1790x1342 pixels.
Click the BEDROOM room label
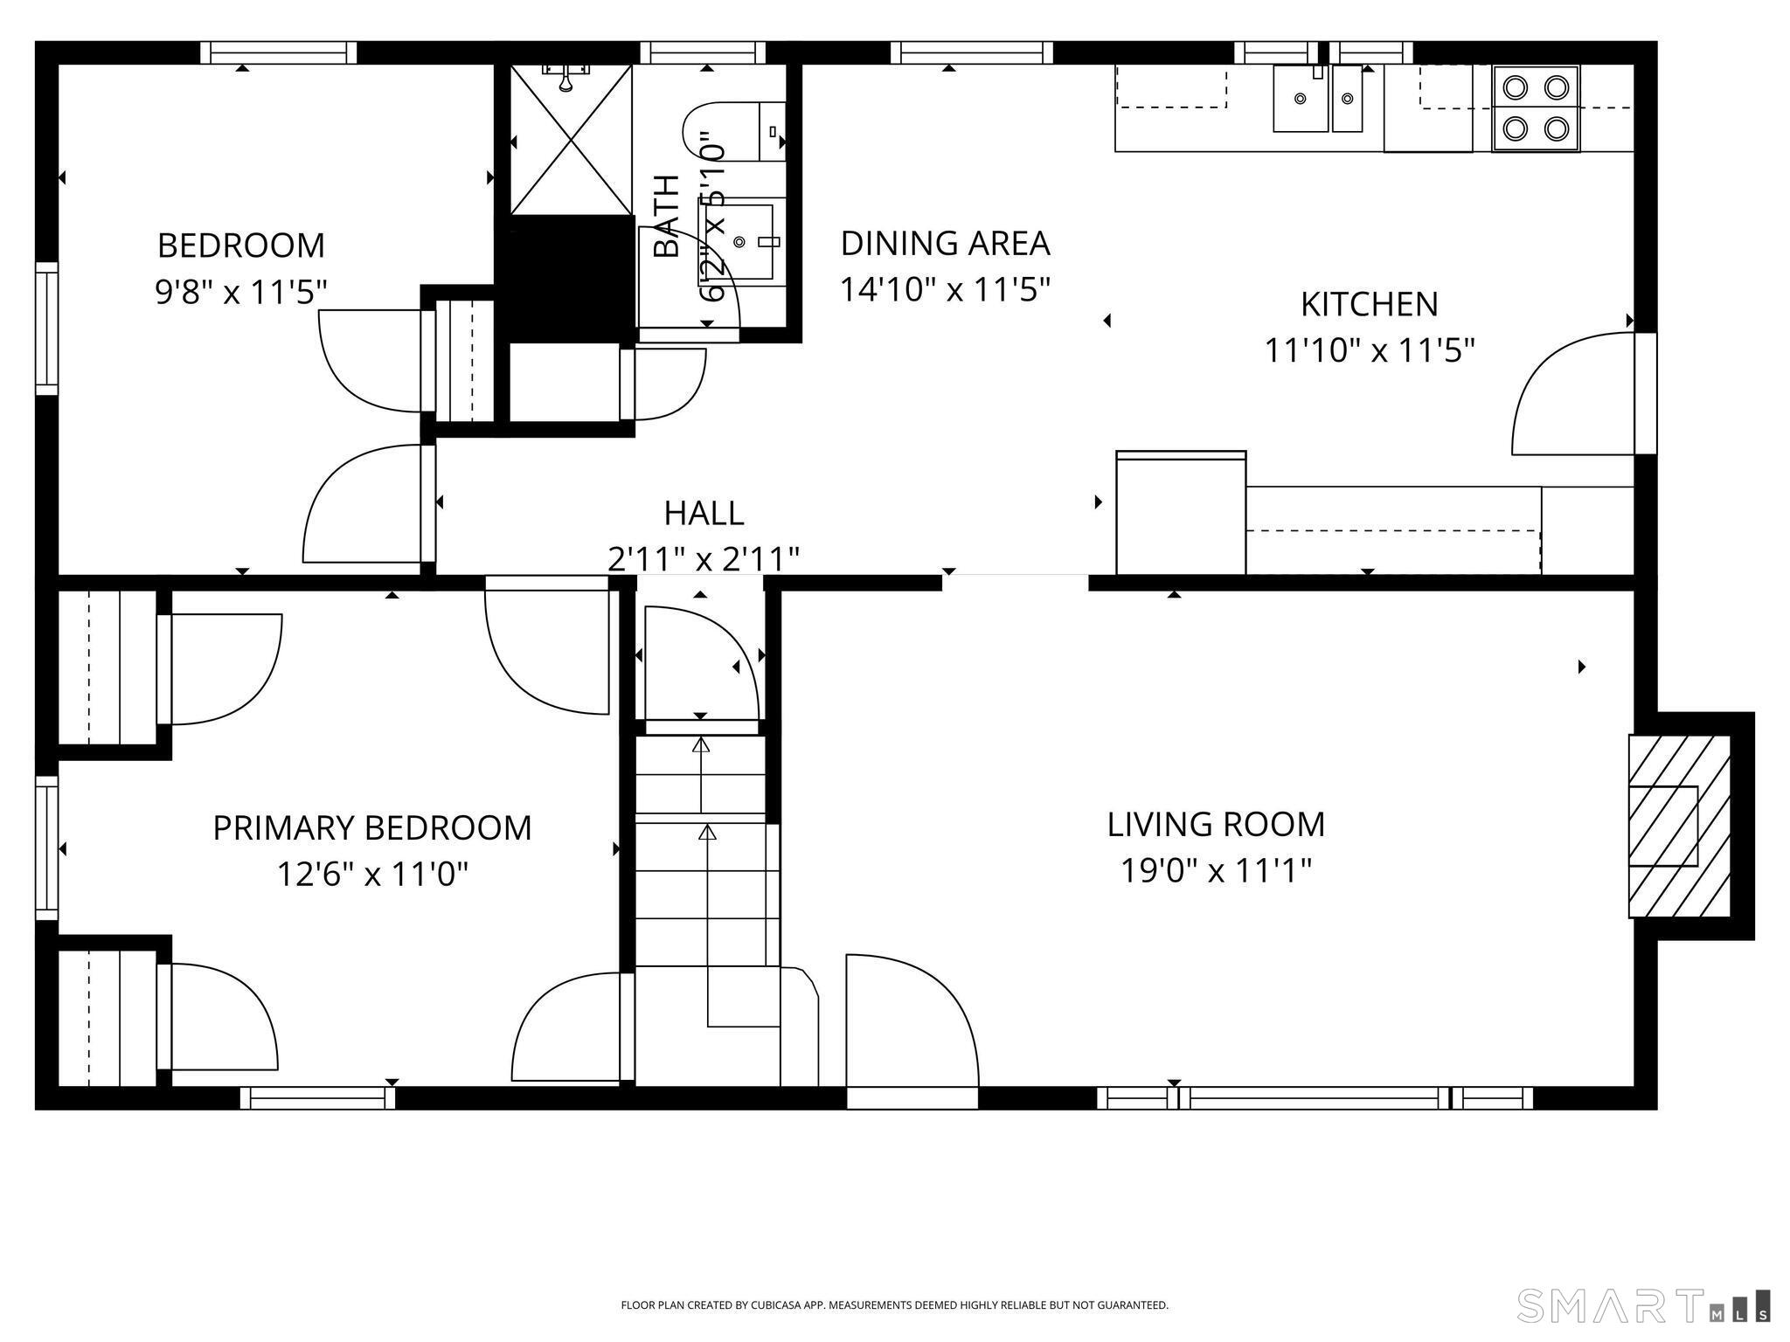(x=241, y=246)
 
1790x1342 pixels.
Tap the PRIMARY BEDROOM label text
(x=372, y=827)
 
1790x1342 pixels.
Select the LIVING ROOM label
(x=1216, y=824)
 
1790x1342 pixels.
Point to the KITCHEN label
(x=1370, y=304)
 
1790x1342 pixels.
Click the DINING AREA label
(x=945, y=243)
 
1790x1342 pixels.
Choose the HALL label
(x=704, y=513)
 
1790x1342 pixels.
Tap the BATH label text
(x=667, y=216)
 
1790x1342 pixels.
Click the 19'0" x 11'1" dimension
(x=1216, y=870)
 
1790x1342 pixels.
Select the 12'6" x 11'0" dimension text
(x=372, y=874)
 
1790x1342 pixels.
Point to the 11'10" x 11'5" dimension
(x=1370, y=350)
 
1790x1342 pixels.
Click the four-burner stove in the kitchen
(x=1536, y=109)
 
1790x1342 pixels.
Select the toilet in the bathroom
(x=734, y=132)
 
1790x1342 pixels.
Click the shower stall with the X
(x=571, y=140)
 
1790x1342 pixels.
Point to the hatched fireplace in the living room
(x=1679, y=826)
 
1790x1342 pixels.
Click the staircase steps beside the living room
(x=706, y=852)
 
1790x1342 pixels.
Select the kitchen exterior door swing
(x=1572, y=393)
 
